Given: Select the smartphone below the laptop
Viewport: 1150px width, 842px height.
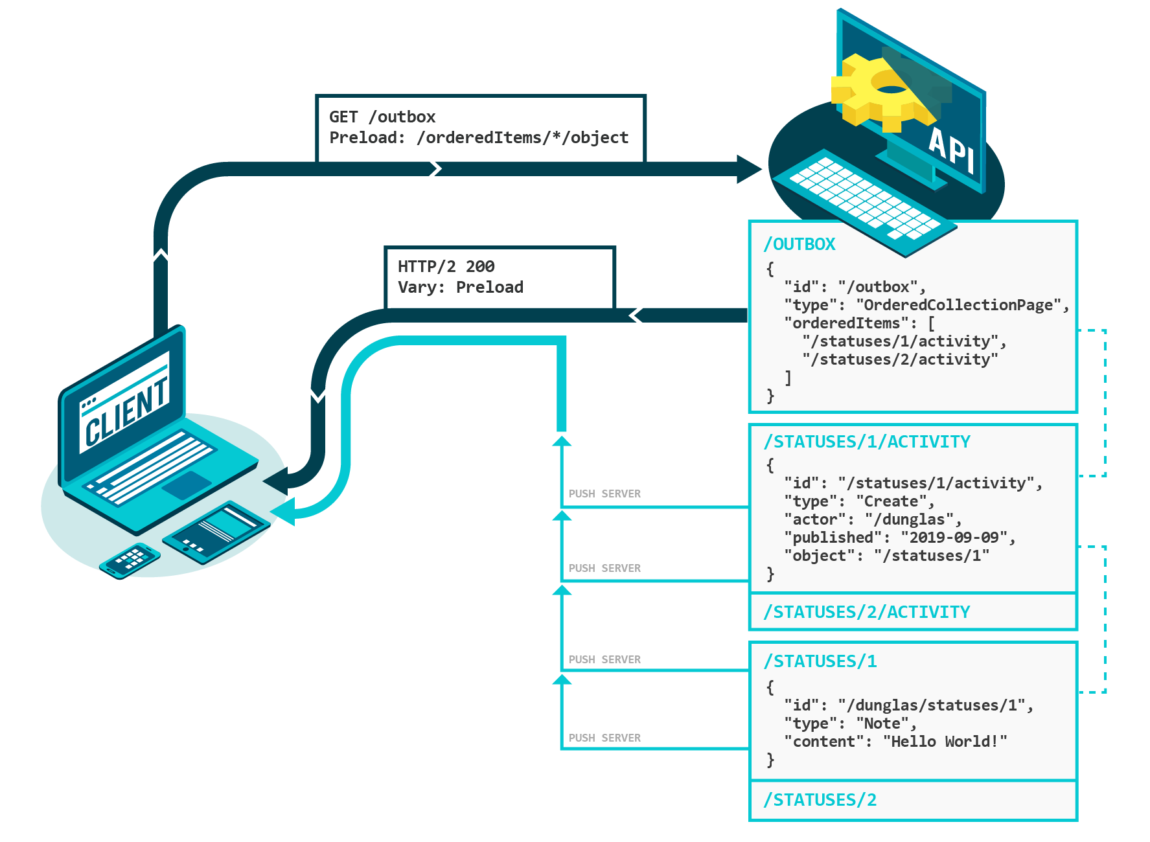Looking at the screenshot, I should click(x=129, y=560).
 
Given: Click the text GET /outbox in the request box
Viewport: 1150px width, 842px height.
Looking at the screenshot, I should click(x=382, y=117).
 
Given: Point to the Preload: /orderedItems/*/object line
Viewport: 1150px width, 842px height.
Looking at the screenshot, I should click(x=479, y=138).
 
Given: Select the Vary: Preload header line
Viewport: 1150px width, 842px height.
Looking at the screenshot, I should click(x=460, y=288).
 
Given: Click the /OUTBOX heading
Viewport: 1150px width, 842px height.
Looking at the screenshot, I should click(x=799, y=244).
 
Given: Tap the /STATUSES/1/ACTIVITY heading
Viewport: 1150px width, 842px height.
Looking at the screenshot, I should click(x=867, y=442).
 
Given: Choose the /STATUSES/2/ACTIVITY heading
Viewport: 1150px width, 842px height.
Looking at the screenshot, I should click(x=867, y=612).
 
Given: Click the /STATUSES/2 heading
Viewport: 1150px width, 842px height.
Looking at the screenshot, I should click(x=820, y=800).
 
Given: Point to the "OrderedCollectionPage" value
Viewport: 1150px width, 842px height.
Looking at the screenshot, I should click(x=959, y=305).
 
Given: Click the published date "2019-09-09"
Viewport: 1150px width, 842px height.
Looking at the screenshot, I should click(x=954, y=538).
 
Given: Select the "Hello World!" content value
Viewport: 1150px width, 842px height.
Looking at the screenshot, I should click(x=945, y=742).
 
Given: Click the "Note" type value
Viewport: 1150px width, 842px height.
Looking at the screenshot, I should click(x=882, y=723).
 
